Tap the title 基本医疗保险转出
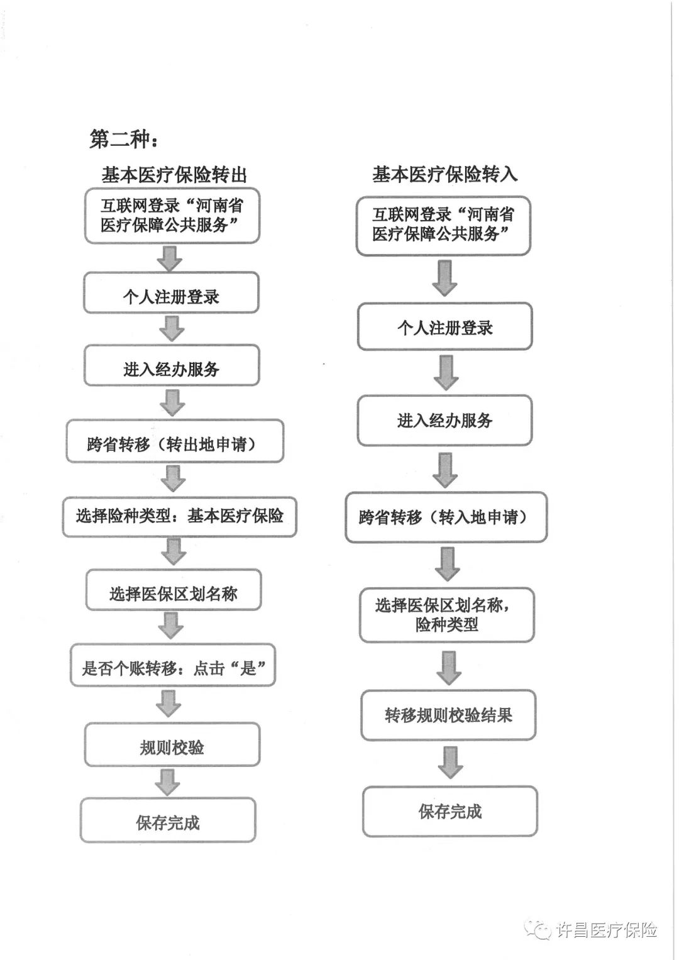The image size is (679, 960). [x=174, y=175]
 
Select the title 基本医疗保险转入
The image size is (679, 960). [x=444, y=174]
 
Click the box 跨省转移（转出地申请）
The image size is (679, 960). [x=175, y=441]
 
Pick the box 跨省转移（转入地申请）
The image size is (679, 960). [x=446, y=517]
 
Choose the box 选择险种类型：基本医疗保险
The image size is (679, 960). [x=180, y=517]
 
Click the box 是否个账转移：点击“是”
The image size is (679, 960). [x=173, y=665]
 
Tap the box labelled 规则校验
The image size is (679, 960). [x=172, y=744]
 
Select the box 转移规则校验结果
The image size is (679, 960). [x=448, y=715]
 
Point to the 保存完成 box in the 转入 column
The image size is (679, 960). [x=450, y=811]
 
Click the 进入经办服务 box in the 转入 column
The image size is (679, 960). [x=445, y=421]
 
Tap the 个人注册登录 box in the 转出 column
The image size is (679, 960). [x=172, y=292]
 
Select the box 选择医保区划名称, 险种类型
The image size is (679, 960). [x=447, y=615]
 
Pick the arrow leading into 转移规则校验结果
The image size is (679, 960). [x=449, y=668]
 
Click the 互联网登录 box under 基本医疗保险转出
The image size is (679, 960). [x=172, y=216]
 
